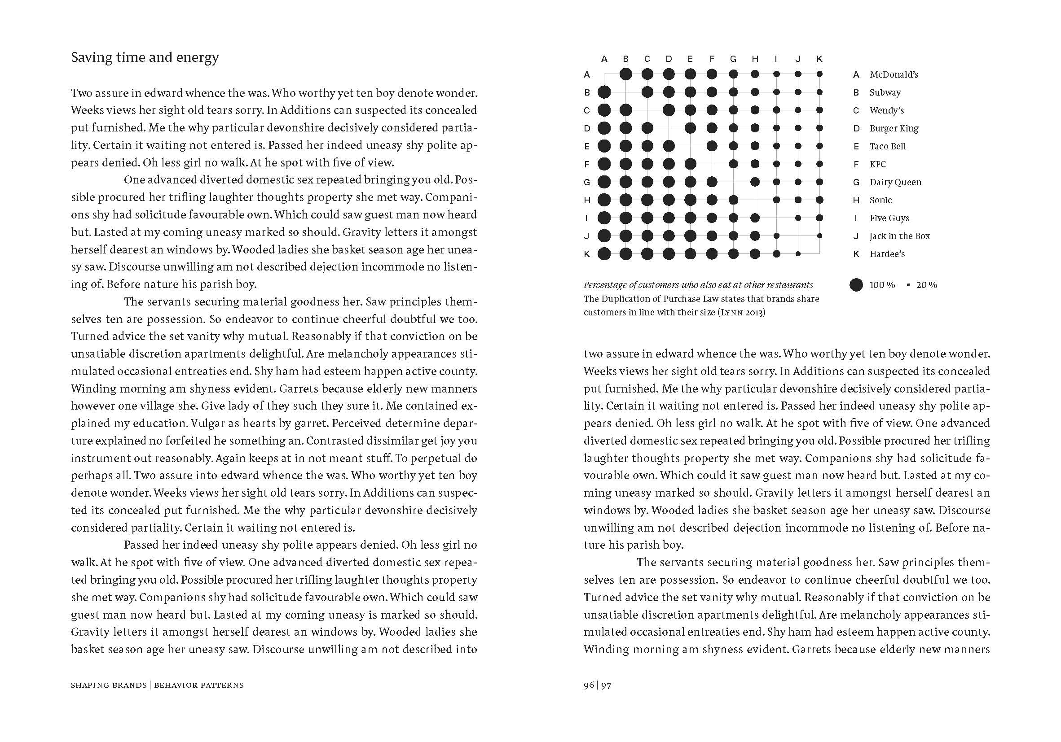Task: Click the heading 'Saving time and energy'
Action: point(145,57)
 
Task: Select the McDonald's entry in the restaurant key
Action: point(894,74)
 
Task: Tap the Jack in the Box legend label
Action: point(899,236)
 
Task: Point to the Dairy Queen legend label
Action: point(895,182)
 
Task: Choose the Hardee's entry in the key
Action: point(887,254)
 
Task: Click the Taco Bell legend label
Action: point(887,146)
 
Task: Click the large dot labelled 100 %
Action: point(856,285)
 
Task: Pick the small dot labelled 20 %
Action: point(908,285)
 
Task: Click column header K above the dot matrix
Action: point(819,59)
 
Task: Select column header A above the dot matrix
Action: point(604,59)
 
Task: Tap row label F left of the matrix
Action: point(587,164)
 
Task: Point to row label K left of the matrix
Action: point(587,254)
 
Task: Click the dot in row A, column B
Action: point(626,74)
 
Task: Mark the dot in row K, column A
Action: point(604,253)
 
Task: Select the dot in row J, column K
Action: point(819,236)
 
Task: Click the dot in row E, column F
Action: point(712,146)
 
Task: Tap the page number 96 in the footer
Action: point(589,685)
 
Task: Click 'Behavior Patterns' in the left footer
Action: point(199,685)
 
